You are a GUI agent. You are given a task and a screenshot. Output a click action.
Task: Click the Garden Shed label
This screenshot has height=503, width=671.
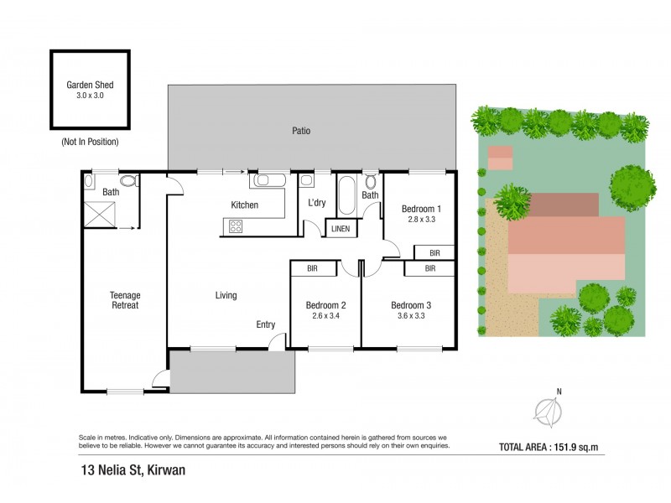[x=90, y=85]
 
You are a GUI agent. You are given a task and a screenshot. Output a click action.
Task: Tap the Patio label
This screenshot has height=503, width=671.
[x=301, y=131]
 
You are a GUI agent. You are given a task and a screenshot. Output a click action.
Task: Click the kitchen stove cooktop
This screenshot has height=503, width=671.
[x=236, y=226]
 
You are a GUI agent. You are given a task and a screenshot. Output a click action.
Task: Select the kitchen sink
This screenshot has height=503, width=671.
[x=269, y=180]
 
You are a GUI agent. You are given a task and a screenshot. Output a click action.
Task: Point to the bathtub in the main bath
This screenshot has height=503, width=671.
[x=346, y=195]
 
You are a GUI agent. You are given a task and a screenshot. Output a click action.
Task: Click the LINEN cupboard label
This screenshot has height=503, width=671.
[x=341, y=229]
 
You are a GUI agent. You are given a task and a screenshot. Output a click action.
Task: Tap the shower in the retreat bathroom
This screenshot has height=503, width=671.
[x=100, y=215]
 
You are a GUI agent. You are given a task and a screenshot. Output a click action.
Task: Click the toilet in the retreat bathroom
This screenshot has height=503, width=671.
[x=128, y=181]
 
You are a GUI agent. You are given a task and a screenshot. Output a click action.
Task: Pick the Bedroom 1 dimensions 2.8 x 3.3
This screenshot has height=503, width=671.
[x=422, y=219]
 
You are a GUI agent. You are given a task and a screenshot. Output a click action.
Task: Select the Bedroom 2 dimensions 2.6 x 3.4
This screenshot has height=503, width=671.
[x=325, y=316]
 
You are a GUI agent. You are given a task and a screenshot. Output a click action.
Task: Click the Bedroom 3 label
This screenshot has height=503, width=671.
[x=411, y=305]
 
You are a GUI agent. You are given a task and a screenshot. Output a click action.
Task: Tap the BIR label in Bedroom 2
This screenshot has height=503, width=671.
[x=312, y=268]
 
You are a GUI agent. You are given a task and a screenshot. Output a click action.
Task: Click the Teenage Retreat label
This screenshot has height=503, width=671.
[x=125, y=300]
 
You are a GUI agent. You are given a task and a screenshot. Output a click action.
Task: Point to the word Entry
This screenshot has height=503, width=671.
[x=266, y=324]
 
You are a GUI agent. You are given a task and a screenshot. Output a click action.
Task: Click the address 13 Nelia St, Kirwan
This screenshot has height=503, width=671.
[x=133, y=470]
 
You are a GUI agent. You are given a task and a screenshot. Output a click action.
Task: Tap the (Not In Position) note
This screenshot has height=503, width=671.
[x=90, y=142]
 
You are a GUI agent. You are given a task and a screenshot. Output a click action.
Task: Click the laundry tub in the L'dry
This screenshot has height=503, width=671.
[x=306, y=180]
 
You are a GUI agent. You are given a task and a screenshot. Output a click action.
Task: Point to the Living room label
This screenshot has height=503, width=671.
[x=226, y=295]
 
